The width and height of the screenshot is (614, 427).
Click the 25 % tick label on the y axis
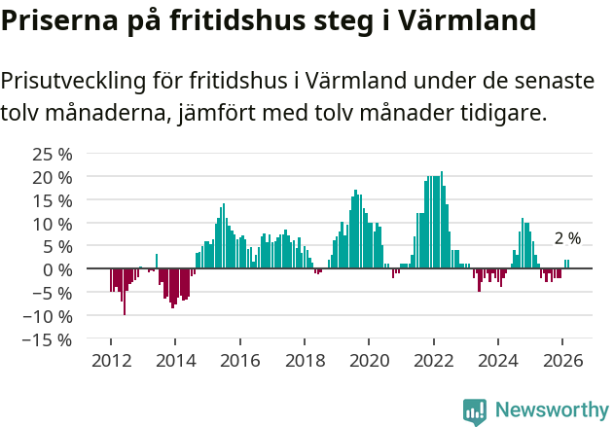click(x=53, y=154)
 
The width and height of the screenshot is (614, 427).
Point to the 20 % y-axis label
click(x=53, y=177)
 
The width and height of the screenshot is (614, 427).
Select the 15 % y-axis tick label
click(x=53, y=199)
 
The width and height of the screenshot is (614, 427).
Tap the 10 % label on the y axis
click(x=53, y=223)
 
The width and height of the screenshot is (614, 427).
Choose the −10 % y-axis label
click(x=48, y=316)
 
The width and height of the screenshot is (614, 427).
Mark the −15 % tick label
click(x=48, y=339)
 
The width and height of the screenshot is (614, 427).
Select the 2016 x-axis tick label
click(x=239, y=359)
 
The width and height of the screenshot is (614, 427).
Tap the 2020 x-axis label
click(x=369, y=359)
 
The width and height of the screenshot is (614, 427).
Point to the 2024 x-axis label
click(x=498, y=359)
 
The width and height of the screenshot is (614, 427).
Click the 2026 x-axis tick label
click(x=562, y=359)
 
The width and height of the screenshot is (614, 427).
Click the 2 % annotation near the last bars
click(x=567, y=238)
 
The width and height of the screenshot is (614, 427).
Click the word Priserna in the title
click(x=54, y=19)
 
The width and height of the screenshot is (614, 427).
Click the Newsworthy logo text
click(x=551, y=409)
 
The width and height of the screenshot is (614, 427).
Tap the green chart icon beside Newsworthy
click(x=475, y=411)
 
